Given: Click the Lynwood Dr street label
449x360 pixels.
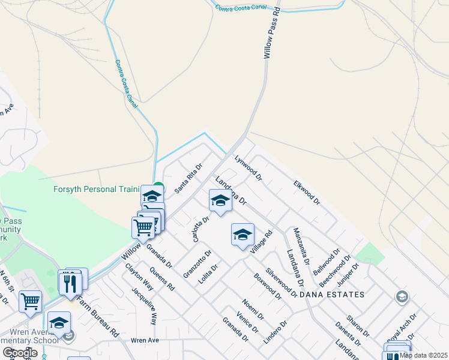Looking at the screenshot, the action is point(249,169).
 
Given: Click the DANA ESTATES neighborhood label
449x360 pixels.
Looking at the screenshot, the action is point(332,295).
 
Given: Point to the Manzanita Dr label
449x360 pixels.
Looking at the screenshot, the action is point(301,246).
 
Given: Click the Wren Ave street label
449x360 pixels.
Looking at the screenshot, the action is point(145,340).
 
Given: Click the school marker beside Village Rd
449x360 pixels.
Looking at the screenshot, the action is point(243,235).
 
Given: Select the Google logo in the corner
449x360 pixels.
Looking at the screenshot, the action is point(20,352).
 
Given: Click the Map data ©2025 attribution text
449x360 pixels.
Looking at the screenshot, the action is point(423,355).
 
